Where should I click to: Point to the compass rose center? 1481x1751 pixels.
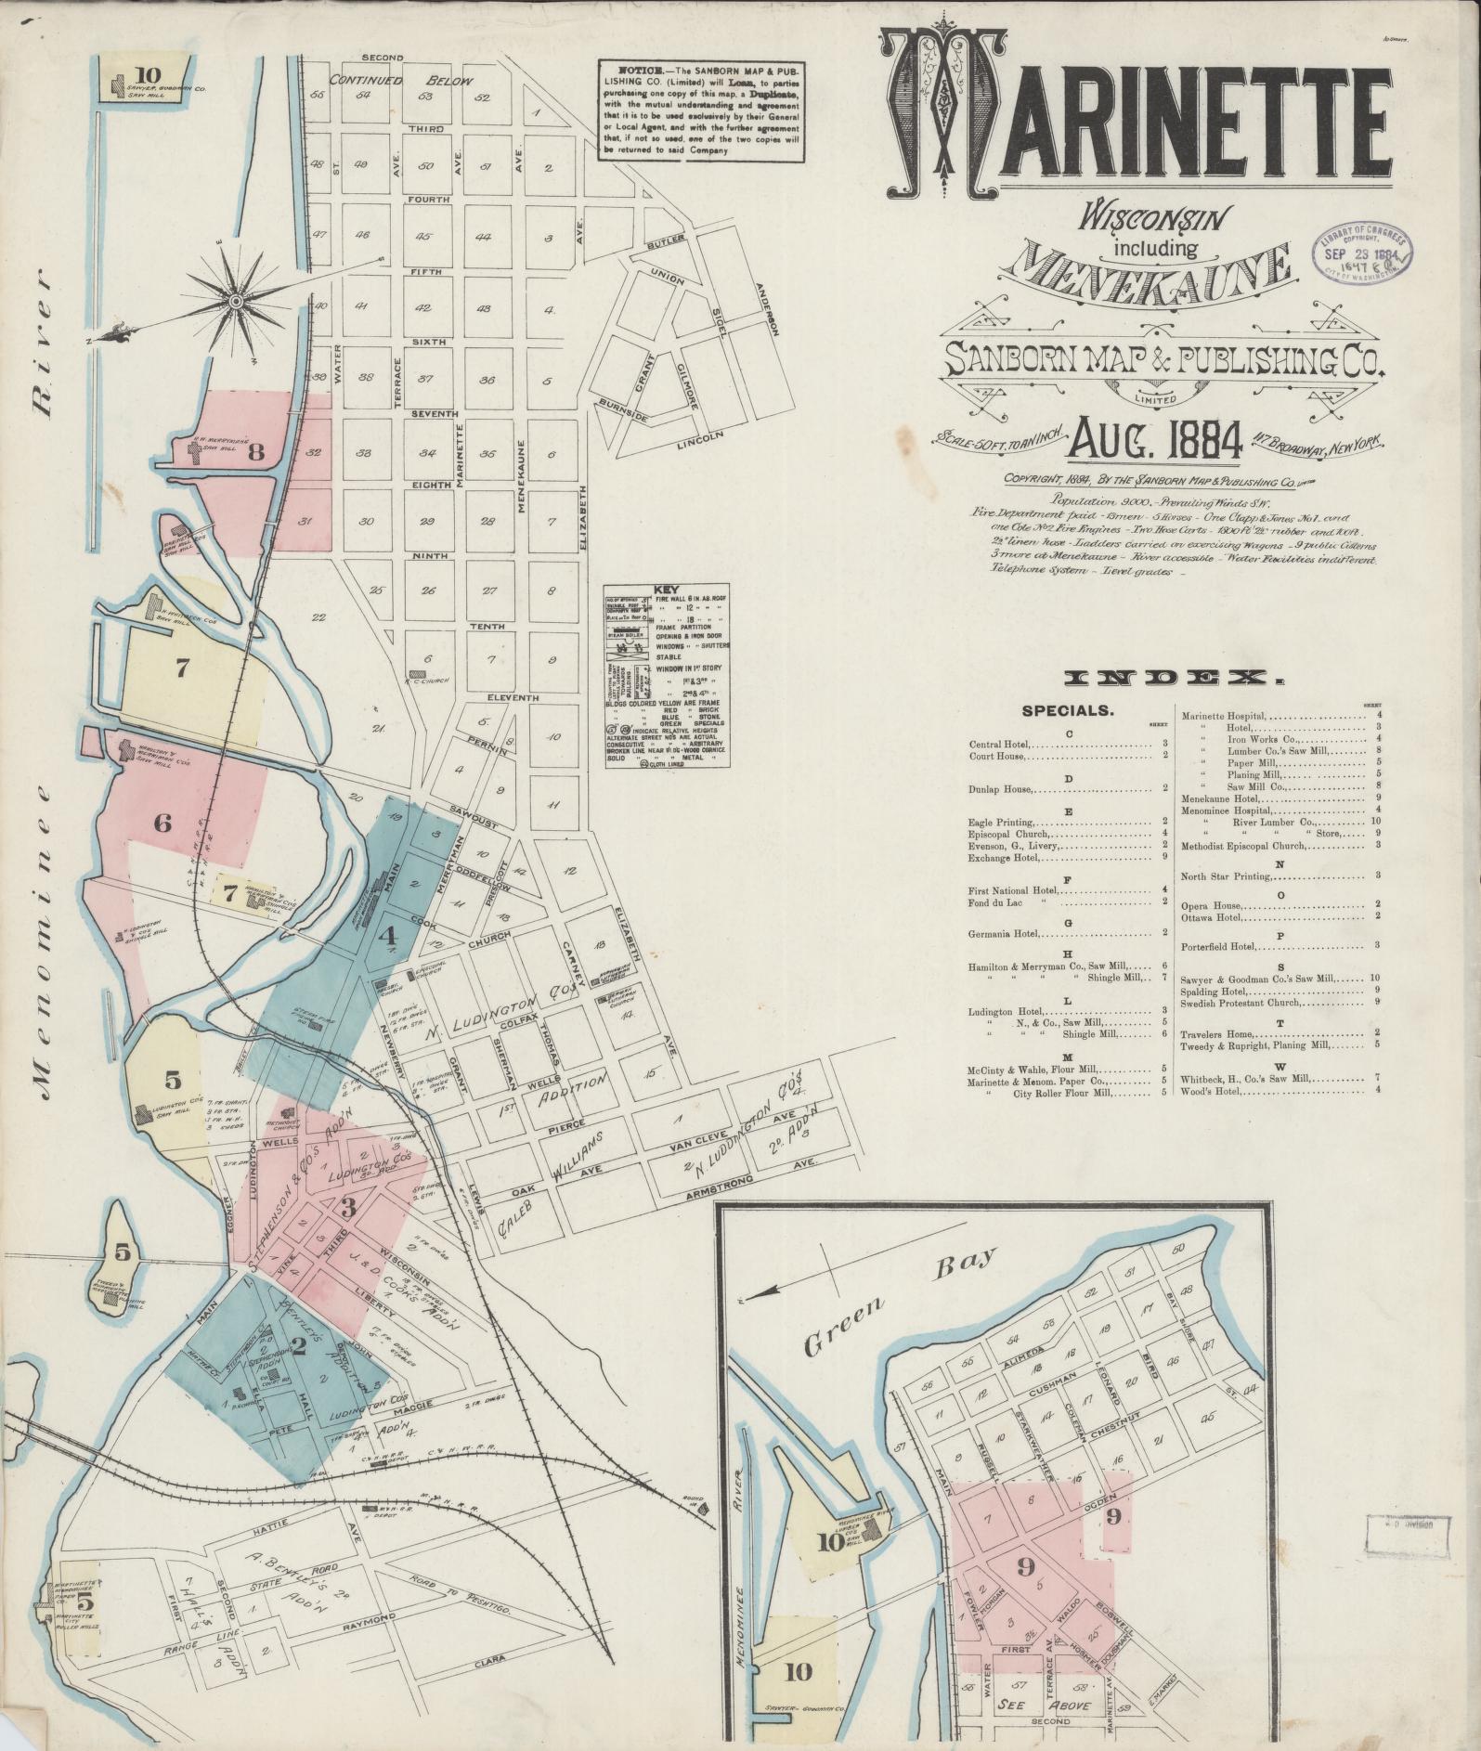click(236, 301)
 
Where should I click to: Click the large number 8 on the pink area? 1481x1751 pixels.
click(255, 453)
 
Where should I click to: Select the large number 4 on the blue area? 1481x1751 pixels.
click(387, 937)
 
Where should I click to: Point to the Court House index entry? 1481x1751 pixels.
click(997, 756)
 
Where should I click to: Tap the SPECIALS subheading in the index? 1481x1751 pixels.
click(1068, 711)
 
